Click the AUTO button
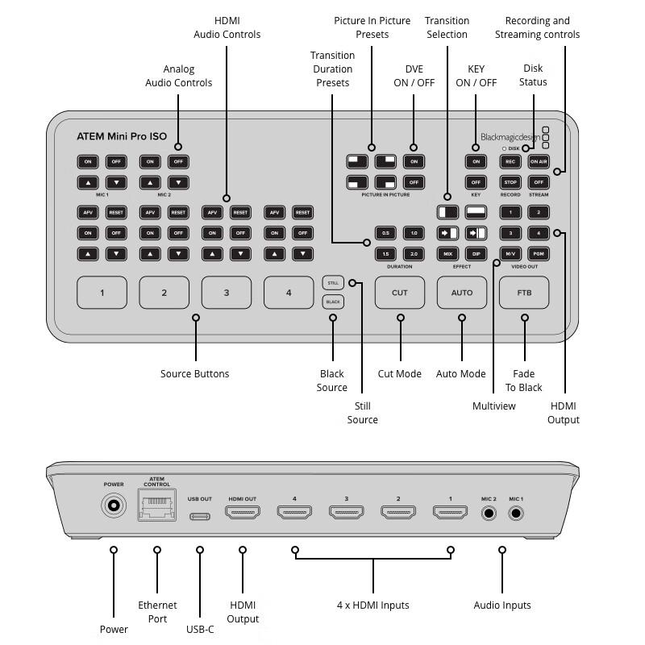coord(462,293)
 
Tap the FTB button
coord(524,293)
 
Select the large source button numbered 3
coord(227,293)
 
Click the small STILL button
coord(332,282)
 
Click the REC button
coord(510,161)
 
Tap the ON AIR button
coord(539,161)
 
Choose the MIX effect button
coord(447,254)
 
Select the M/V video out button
coord(510,254)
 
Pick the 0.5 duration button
coord(385,233)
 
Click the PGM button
coord(539,254)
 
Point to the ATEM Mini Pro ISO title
coord(122,136)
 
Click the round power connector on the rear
coord(114,507)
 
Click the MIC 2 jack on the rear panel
coord(489,513)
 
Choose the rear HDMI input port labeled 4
coord(295,512)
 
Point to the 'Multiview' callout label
coord(493,406)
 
